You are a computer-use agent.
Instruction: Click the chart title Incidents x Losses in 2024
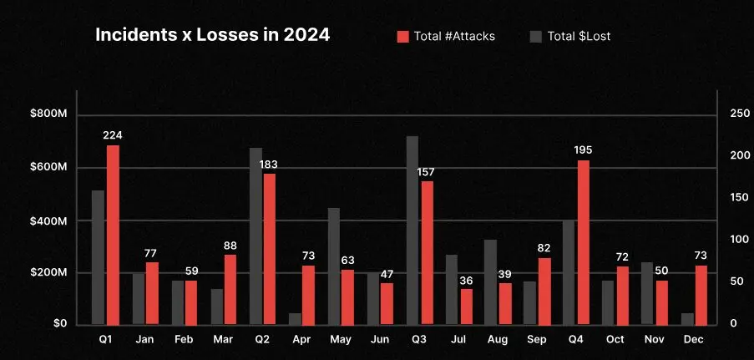tap(212, 35)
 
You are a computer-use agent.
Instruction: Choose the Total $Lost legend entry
tap(576, 36)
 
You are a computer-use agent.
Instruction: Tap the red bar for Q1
tap(113, 234)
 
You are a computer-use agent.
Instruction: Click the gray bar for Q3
tap(412, 230)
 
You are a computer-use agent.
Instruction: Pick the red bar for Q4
tap(584, 241)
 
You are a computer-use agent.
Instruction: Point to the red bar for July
tap(466, 306)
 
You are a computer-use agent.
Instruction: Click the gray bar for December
tap(687, 318)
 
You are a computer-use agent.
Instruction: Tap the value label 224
tap(113, 134)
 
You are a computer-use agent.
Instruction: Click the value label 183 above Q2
tap(269, 164)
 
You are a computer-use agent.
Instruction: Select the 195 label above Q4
tap(584, 150)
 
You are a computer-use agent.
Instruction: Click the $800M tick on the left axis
tap(48, 114)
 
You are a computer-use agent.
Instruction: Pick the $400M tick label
tap(48, 221)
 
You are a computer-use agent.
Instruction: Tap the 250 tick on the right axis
tap(738, 114)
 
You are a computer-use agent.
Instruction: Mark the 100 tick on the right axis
tap(738, 240)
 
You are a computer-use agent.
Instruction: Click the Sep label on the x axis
tap(537, 340)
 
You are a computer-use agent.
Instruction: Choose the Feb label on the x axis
tap(184, 340)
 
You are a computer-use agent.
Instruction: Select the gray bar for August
tap(490, 281)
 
